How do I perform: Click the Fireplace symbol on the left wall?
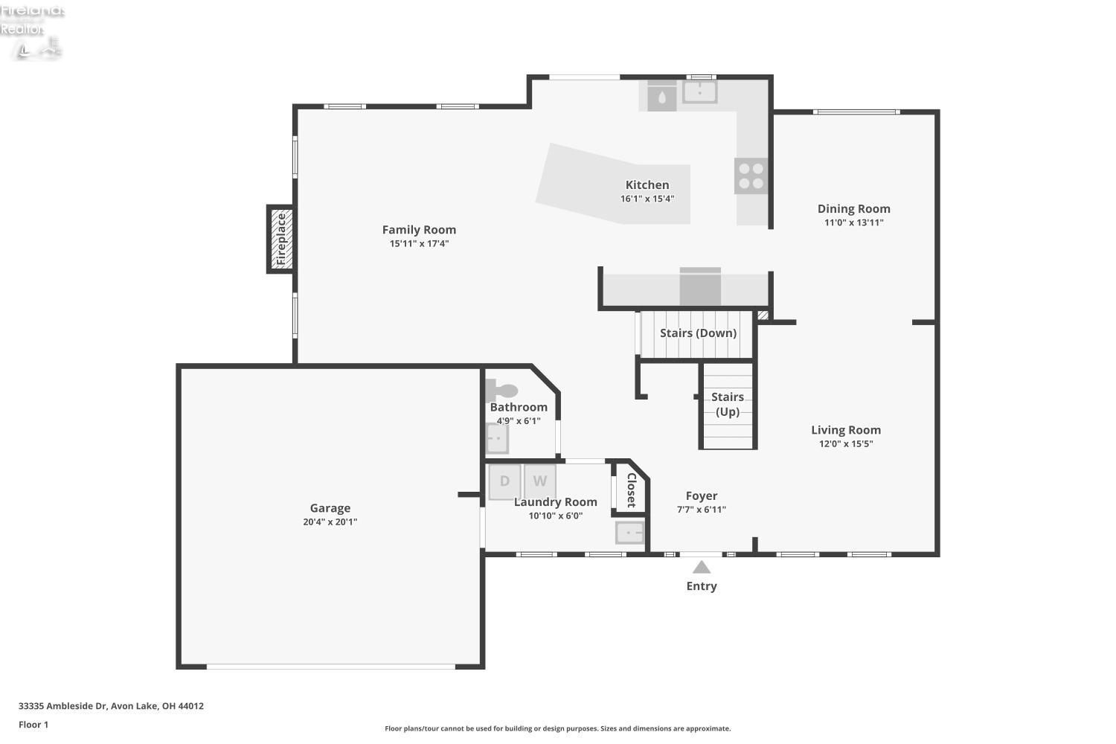[x=280, y=239]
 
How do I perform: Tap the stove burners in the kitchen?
[x=751, y=176]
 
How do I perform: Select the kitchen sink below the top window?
[x=699, y=92]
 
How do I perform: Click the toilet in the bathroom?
[x=502, y=390]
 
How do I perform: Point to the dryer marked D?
[x=504, y=481]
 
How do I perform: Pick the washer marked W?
[x=539, y=481]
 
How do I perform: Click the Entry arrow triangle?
[x=702, y=568]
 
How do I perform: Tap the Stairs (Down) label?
[x=698, y=333]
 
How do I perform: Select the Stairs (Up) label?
[x=727, y=404]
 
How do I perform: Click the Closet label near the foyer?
[x=631, y=490]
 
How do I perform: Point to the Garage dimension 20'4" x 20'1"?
[x=330, y=522]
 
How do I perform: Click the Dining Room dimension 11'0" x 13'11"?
[x=853, y=222]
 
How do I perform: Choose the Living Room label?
[x=845, y=430]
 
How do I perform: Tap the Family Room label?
[x=419, y=230]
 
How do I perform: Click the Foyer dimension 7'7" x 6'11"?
[x=701, y=510]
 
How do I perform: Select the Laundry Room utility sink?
[x=630, y=533]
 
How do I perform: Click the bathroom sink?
[x=496, y=438]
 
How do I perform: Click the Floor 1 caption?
[x=33, y=725]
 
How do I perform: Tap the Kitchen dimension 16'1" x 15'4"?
[x=647, y=199]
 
